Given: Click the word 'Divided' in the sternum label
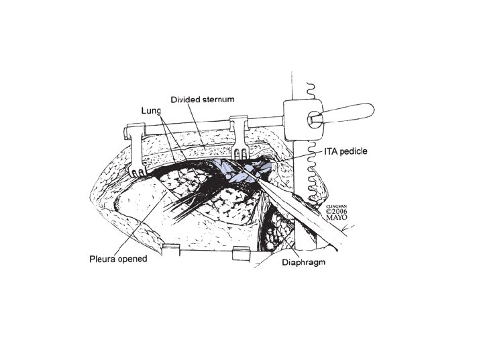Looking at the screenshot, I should [x=184, y=99].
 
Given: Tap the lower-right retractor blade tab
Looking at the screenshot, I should [x=237, y=253].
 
